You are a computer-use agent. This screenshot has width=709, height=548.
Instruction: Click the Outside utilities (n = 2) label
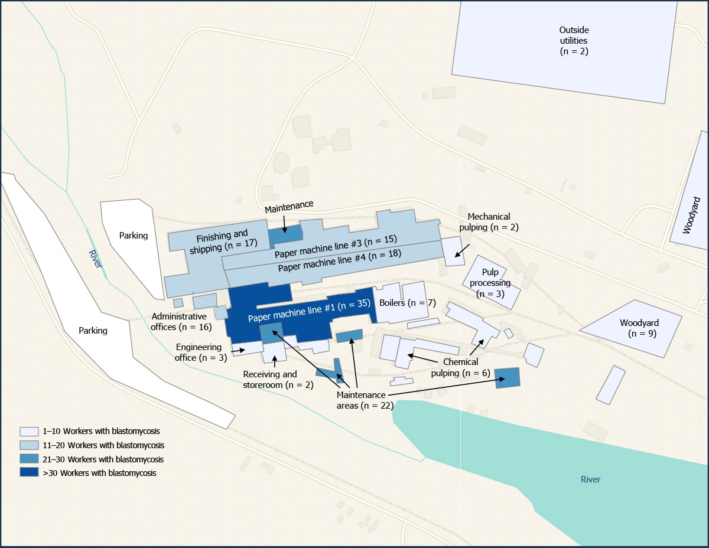[x=574, y=41]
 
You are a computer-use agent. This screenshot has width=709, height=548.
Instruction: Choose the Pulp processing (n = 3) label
[x=490, y=283]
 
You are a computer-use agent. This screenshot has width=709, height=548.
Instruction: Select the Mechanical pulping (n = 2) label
[x=489, y=222]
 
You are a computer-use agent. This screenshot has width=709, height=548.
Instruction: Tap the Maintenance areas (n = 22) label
[x=361, y=400]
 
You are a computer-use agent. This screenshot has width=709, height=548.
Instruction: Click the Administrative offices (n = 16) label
[x=179, y=321]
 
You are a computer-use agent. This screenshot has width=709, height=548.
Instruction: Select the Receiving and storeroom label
[x=270, y=380]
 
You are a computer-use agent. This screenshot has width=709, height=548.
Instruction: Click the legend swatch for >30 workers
[x=29, y=472]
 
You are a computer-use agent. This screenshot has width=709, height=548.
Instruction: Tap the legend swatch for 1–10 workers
[x=29, y=431]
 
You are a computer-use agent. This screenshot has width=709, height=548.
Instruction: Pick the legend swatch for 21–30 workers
[x=29, y=459]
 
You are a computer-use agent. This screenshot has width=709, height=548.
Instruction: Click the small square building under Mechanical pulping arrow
[x=453, y=251]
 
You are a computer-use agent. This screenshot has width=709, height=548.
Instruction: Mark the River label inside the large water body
[x=590, y=480]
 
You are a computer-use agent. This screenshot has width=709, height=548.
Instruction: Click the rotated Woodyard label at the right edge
[x=688, y=215]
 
